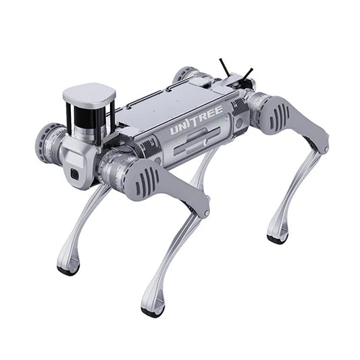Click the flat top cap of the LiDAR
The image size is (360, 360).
point(88,95)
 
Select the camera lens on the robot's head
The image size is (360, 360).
point(74,174)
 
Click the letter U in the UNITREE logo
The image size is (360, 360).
point(175,128)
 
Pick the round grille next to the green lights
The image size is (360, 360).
point(239,122)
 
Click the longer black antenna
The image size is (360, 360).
point(224,68)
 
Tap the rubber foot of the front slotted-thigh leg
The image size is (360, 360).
point(152,311)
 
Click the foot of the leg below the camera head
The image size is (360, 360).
point(68,269)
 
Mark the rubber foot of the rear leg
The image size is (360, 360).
point(277,238)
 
